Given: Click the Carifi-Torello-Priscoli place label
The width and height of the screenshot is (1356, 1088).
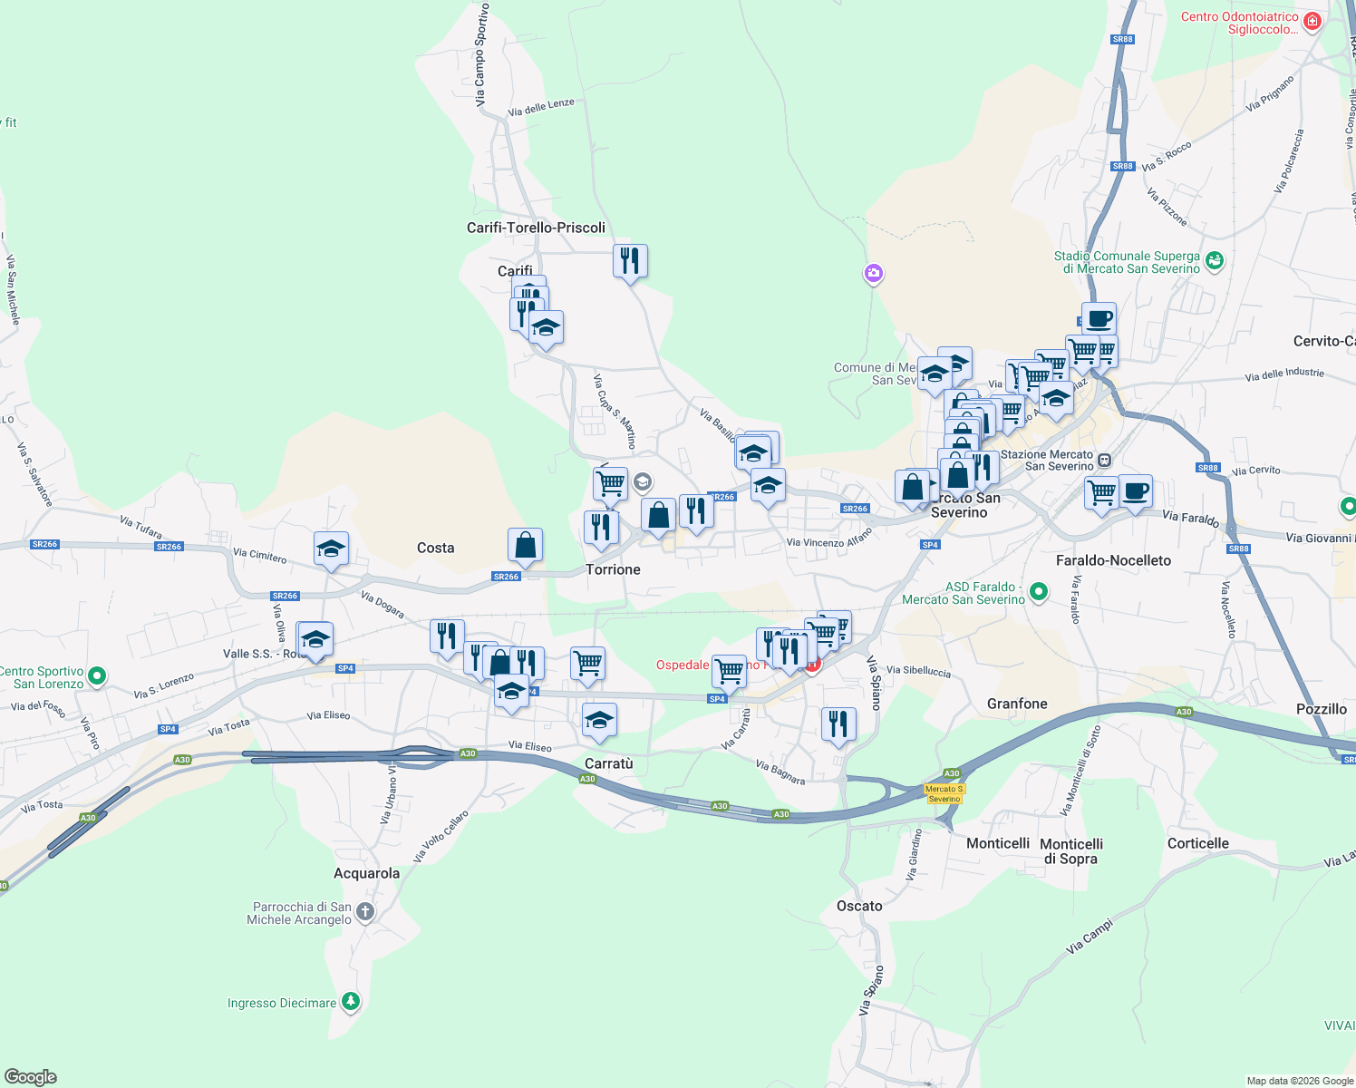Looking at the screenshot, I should click(536, 228).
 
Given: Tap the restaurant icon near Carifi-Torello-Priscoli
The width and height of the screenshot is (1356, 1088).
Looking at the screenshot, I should click(630, 261).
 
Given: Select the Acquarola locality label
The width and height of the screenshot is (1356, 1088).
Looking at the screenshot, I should click(366, 873).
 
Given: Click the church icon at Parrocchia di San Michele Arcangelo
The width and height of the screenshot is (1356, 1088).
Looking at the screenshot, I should click(365, 912).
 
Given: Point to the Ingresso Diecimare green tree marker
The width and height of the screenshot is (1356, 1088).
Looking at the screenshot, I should click(351, 1002).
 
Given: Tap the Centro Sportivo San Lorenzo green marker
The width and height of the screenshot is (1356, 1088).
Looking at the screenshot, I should click(97, 676).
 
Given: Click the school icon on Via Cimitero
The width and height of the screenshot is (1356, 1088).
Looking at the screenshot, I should click(331, 549).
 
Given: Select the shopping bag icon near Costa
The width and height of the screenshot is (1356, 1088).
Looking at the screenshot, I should click(525, 545).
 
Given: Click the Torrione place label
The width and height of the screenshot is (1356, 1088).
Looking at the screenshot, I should click(613, 569).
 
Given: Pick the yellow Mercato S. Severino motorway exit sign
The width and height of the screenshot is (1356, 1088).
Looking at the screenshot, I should click(944, 793).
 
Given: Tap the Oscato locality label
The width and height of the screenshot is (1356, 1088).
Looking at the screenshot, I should click(859, 906).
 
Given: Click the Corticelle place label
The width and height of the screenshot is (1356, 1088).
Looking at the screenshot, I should click(1197, 843).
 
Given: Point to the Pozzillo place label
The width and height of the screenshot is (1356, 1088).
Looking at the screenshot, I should click(1321, 709).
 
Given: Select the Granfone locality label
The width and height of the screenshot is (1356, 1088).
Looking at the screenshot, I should click(1016, 704).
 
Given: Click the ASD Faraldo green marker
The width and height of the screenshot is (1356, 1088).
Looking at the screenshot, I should click(1039, 593).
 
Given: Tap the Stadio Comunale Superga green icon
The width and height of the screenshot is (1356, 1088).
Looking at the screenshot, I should click(1215, 261).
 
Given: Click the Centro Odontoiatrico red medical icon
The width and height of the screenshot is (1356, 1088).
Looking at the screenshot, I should click(1312, 21).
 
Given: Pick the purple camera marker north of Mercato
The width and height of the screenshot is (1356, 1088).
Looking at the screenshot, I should click(873, 273).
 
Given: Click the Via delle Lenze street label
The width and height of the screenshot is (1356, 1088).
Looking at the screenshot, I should click(541, 108).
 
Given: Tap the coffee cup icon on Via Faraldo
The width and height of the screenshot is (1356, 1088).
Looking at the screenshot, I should click(1135, 491).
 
